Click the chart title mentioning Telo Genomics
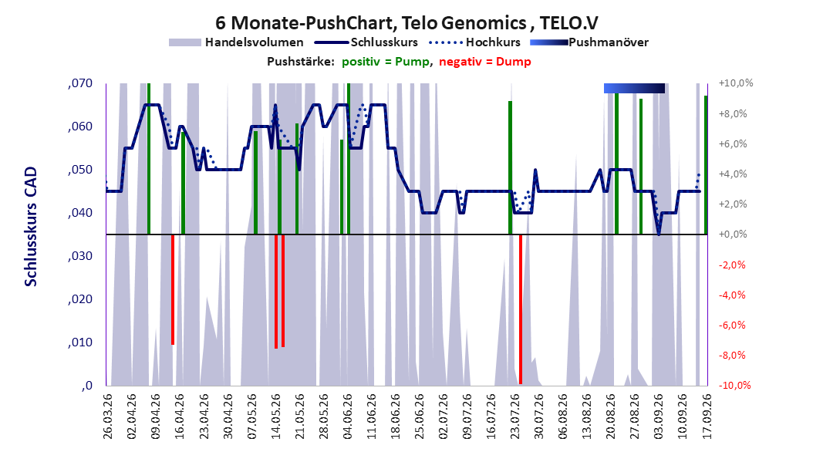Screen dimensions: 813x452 pos(406,23)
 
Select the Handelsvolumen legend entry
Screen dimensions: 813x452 pos(236,42)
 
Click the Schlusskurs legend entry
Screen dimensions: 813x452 pos(366,42)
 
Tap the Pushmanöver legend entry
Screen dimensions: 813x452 pos(589,42)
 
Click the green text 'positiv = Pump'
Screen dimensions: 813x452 pos(386,62)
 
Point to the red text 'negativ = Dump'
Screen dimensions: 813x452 pos(485,62)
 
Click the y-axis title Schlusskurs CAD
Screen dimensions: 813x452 pos(31,227)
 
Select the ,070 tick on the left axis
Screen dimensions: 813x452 pos(80,83)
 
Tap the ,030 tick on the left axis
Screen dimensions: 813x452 pos(80,256)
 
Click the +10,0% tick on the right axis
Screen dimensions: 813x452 pos(736,83)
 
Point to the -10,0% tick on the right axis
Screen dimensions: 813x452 pos(734,385)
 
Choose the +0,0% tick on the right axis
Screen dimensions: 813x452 pos(733,234)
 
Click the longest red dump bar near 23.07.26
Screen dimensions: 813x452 pos(521,309)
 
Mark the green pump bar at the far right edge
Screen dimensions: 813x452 pos(706,165)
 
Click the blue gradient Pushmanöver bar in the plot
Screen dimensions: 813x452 pos(634,88)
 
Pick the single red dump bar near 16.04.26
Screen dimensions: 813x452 pos(173,290)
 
